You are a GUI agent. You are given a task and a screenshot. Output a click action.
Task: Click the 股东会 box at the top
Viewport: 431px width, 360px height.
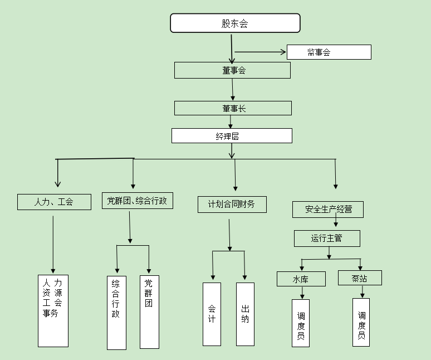(x=235, y=23)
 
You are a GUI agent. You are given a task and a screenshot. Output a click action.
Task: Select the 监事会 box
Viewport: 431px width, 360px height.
(x=329, y=52)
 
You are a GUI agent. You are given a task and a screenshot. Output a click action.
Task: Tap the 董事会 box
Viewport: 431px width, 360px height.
(x=232, y=70)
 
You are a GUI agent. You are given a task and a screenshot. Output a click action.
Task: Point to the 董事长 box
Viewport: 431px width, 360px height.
(x=233, y=108)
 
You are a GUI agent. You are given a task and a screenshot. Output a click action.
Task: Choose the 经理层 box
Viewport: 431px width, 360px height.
(x=232, y=136)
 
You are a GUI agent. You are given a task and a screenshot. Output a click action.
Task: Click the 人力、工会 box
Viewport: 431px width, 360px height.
(x=54, y=202)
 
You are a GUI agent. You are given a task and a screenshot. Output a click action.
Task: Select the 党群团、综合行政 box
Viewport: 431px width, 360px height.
(x=137, y=201)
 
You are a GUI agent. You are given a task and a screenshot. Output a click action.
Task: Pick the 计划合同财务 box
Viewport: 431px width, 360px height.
(x=232, y=205)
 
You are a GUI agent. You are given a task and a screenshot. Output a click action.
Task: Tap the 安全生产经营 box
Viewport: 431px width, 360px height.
(x=327, y=210)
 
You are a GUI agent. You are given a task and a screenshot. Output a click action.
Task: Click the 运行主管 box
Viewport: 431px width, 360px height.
(x=327, y=239)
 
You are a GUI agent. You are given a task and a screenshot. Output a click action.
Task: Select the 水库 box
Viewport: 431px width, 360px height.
(x=301, y=279)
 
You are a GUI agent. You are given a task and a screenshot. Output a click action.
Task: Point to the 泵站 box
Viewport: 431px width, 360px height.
(x=360, y=278)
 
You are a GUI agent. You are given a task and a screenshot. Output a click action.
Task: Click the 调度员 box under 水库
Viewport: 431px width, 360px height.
(x=301, y=323)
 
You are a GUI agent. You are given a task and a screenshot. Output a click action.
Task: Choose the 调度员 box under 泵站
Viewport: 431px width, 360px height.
(x=361, y=322)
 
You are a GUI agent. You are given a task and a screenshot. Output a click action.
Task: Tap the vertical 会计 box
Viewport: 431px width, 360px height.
(x=212, y=314)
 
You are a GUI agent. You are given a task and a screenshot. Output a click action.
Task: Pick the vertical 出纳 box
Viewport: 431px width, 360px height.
(x=245, y=314)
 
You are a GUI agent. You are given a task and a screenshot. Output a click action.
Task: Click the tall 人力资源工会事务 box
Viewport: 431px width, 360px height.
(x=53, y=310)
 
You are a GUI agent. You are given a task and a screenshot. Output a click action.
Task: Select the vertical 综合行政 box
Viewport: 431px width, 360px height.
(x=116, y=313)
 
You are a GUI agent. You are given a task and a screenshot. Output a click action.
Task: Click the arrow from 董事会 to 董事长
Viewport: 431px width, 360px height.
(x=233, y=89)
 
